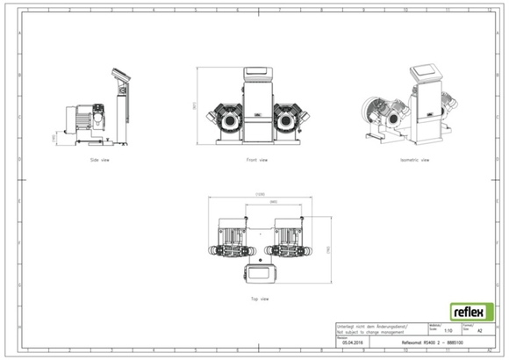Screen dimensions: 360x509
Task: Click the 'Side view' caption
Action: (x=100, y=161)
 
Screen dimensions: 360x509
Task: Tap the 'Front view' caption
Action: (x=257, y=161)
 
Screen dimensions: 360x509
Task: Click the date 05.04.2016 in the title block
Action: (x=354, y=343)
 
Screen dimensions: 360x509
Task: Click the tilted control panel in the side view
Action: (x=121, y=76)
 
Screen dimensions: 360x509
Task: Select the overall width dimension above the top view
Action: (x=259, y=195)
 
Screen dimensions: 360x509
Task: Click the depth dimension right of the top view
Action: (x=327, y=249)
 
